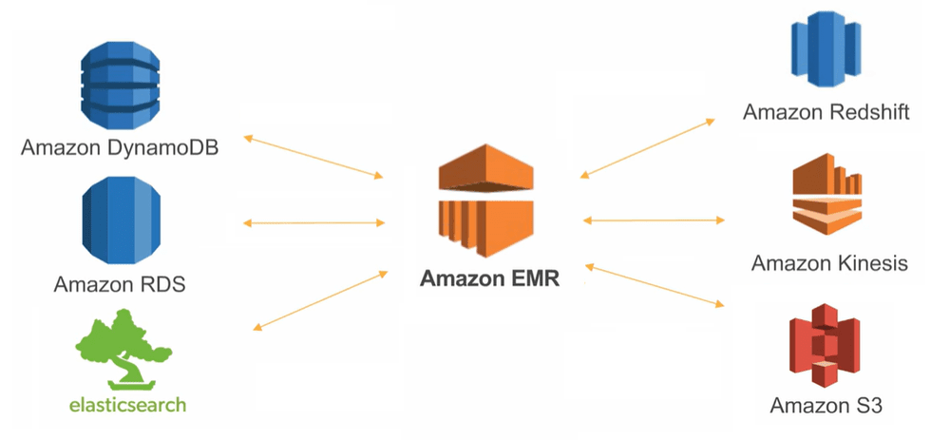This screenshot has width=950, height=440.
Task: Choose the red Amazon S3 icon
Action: click(x=826, y=349)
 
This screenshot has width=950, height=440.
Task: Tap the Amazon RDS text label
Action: click(x=120, y=284)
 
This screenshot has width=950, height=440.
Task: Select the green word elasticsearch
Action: click(x=127, y=405)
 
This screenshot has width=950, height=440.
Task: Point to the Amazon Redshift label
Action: click(x=826, y=112)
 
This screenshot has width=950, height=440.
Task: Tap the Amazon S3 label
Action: click(x=826, y=407)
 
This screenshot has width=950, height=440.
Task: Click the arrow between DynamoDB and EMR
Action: click(x=313, y=157)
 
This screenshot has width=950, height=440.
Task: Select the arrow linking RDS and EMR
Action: click(x=313, y=223)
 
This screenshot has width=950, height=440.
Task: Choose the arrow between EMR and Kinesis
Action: click(x=653, y=220)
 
